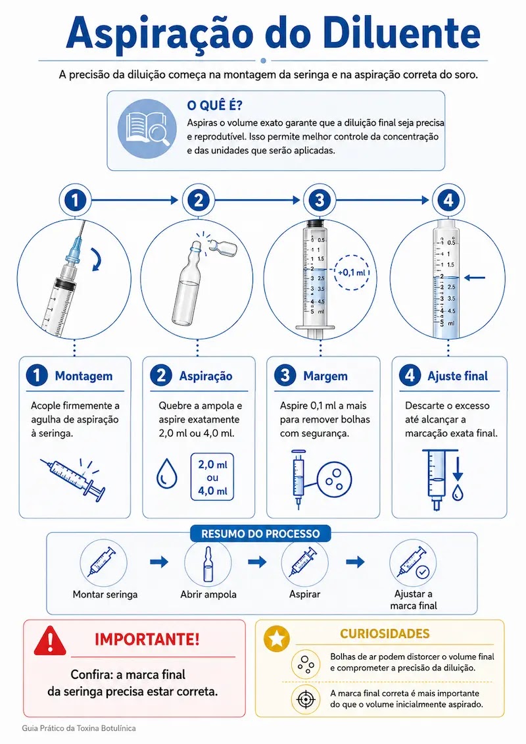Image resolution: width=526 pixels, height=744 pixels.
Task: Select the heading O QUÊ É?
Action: pos(214,105)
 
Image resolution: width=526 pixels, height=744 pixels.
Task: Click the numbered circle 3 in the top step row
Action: pos(319,200)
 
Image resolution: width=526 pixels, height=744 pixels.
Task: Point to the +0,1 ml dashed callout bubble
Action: pos(352,272)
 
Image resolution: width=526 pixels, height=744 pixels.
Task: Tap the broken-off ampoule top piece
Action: pos(221,247)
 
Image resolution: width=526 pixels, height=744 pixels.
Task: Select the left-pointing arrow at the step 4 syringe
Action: pos(474,277)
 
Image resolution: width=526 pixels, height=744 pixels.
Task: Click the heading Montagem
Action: pos(84,376)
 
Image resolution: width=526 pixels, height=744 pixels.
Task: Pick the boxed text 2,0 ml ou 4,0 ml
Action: pos(212,478)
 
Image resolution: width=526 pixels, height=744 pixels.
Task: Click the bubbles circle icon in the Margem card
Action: pos(335,478)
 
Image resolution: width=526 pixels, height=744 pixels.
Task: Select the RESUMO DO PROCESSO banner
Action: pos(260,533)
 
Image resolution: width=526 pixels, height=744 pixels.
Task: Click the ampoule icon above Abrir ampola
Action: pos(208,563)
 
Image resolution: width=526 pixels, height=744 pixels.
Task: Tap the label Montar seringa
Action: pos(105,595)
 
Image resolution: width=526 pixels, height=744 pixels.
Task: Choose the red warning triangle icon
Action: pos(50,641)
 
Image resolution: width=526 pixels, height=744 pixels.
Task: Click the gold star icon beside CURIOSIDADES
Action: pos(277,638)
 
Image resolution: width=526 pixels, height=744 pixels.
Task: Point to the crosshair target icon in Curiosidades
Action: pos(306,699)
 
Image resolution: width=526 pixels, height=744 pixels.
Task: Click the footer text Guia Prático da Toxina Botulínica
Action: pos(79,728)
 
